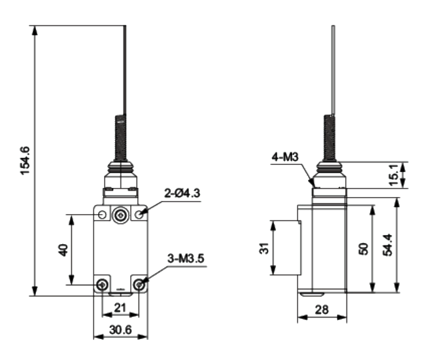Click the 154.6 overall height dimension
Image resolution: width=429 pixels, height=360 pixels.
(x=25, y=161)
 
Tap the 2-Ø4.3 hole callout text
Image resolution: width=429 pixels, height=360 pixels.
(x=182, y=193)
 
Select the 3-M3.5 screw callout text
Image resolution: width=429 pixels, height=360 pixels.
(x=186, y=259)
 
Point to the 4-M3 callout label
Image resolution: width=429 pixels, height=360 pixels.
(x=285, y=157)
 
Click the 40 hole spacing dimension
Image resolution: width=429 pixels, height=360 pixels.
(x=63, y=250)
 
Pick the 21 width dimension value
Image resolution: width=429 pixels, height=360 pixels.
(x=120, y=308)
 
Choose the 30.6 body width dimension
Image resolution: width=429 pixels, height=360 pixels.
(x=120, y=330)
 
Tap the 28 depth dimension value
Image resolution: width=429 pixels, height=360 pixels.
(x=322, y=310)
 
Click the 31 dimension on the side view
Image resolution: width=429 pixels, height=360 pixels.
(x=264, y=248)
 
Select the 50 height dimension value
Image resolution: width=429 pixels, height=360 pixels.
(x=364, y=249)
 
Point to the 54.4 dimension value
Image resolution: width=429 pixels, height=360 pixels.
(x=388, y=245)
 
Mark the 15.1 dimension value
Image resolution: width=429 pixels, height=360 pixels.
(x=394, y=175)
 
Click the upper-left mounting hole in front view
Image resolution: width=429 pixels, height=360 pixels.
(x=102, y=215)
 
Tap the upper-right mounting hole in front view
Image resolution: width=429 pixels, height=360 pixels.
(x=139, y=215)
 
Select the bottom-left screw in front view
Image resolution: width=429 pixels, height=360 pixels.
(x=103, y=285)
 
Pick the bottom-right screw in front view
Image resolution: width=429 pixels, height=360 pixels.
(x=139, y=285)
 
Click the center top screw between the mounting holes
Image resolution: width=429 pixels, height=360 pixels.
(x=120, y=216)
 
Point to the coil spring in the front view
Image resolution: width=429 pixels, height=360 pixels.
(x=120, y=137)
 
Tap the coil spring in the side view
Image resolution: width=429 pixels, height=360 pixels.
(x=330, y=137)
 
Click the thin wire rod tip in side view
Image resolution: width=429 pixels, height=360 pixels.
(x=333, y=26)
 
